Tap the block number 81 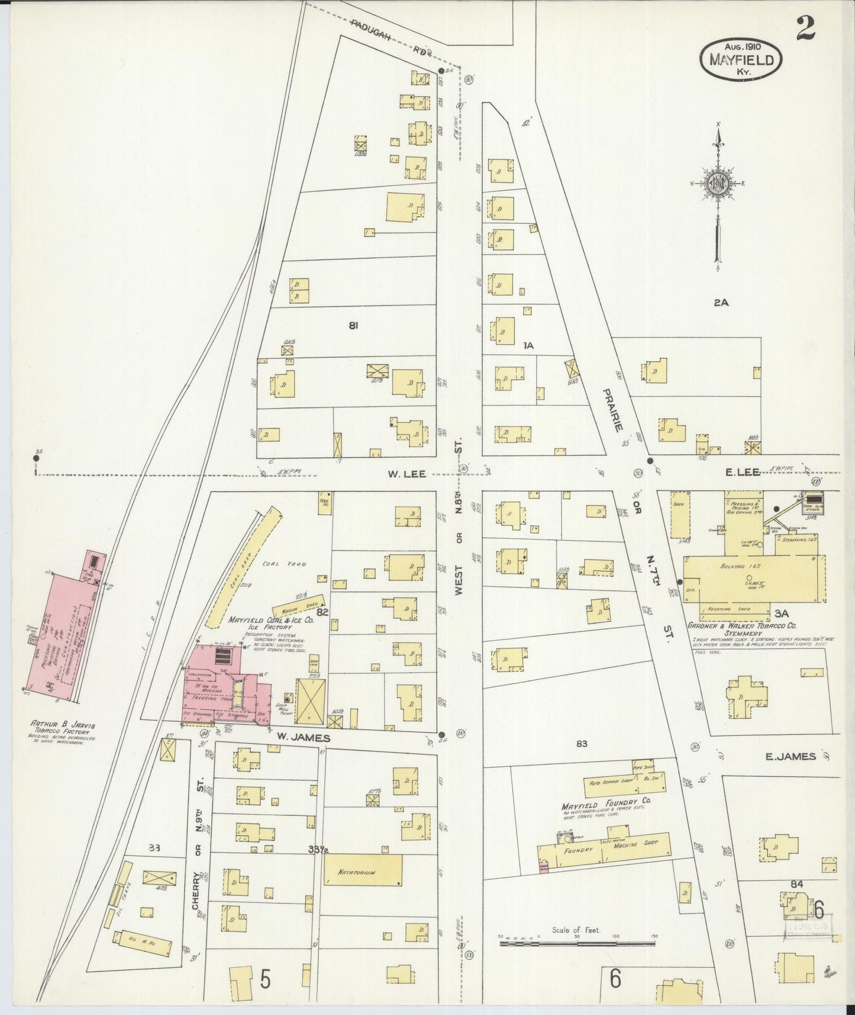pyautogui.click(x=354, y=325)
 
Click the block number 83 pyautogui.click(x=581, y=743)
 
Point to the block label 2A pyautogui.click(x=720, y=303)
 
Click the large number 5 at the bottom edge pyautogui.click(x=265, y=979)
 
